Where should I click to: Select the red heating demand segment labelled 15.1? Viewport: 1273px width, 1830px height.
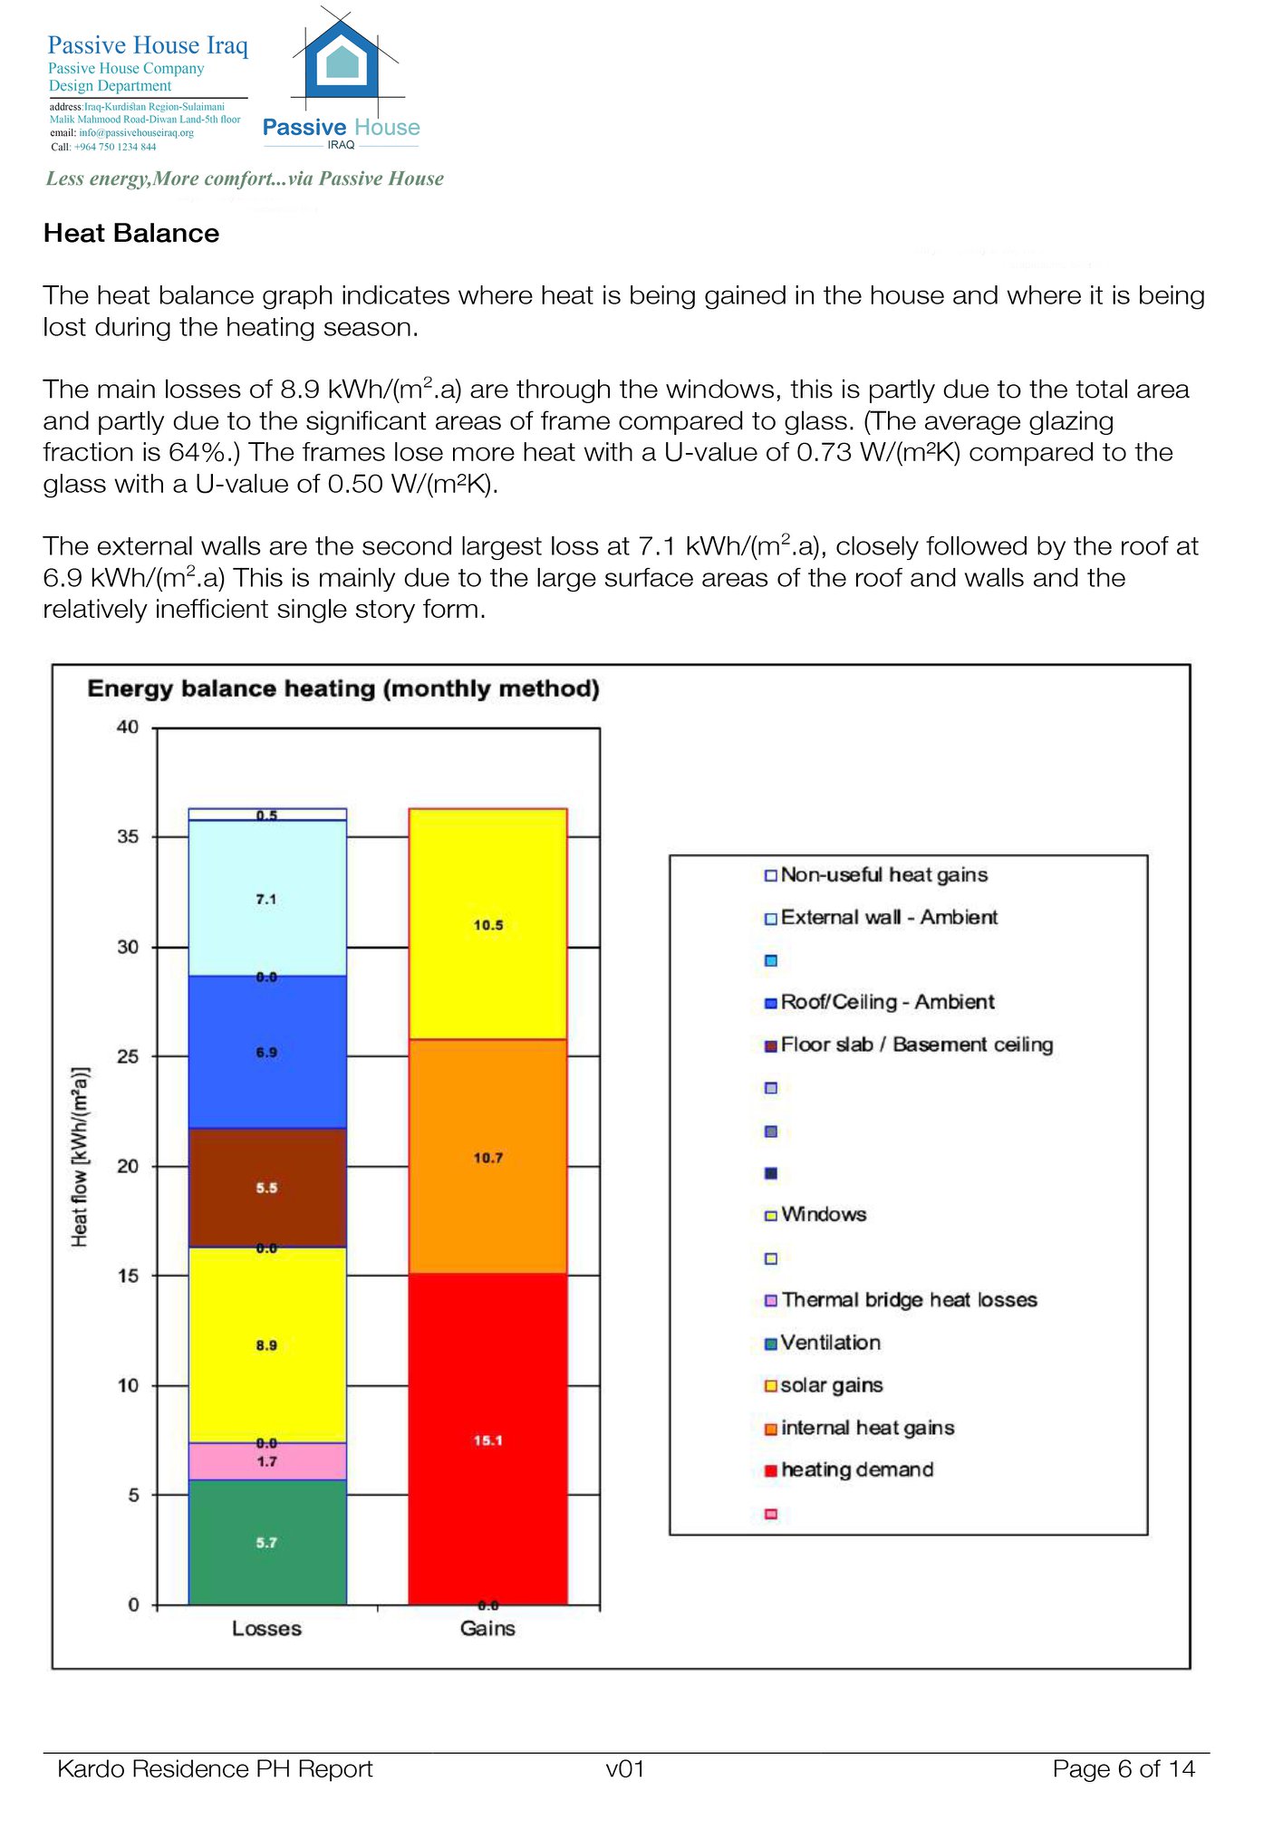[487, 1440]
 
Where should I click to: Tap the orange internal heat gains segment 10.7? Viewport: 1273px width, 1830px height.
[487, 1157]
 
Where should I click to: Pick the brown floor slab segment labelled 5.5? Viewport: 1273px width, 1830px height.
[267, 1187]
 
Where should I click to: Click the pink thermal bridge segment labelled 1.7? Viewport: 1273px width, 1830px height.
[267, 1461]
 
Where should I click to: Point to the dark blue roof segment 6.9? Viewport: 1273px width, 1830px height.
[267, 1052]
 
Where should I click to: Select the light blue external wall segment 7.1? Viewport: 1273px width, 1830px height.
[267, 899]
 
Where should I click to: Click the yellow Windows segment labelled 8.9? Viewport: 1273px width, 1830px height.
[267, 1344]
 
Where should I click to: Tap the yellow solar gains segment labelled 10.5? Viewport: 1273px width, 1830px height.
[487, 924]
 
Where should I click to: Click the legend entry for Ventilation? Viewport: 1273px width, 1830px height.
[830, 1343]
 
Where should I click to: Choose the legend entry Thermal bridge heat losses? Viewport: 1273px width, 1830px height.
[908, 1300]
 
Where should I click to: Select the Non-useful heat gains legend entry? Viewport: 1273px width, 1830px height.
[883, 875]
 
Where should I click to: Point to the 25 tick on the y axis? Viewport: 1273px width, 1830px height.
[128, 1056]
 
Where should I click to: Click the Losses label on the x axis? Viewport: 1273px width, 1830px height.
[266, 1628]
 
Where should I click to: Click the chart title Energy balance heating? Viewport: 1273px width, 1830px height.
[343, 689]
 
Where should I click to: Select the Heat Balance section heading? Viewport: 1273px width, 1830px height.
[131, 234]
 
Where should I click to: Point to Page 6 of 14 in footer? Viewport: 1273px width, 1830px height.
[1123, 1768]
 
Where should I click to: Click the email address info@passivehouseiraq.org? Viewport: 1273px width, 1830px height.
[136, 133]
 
